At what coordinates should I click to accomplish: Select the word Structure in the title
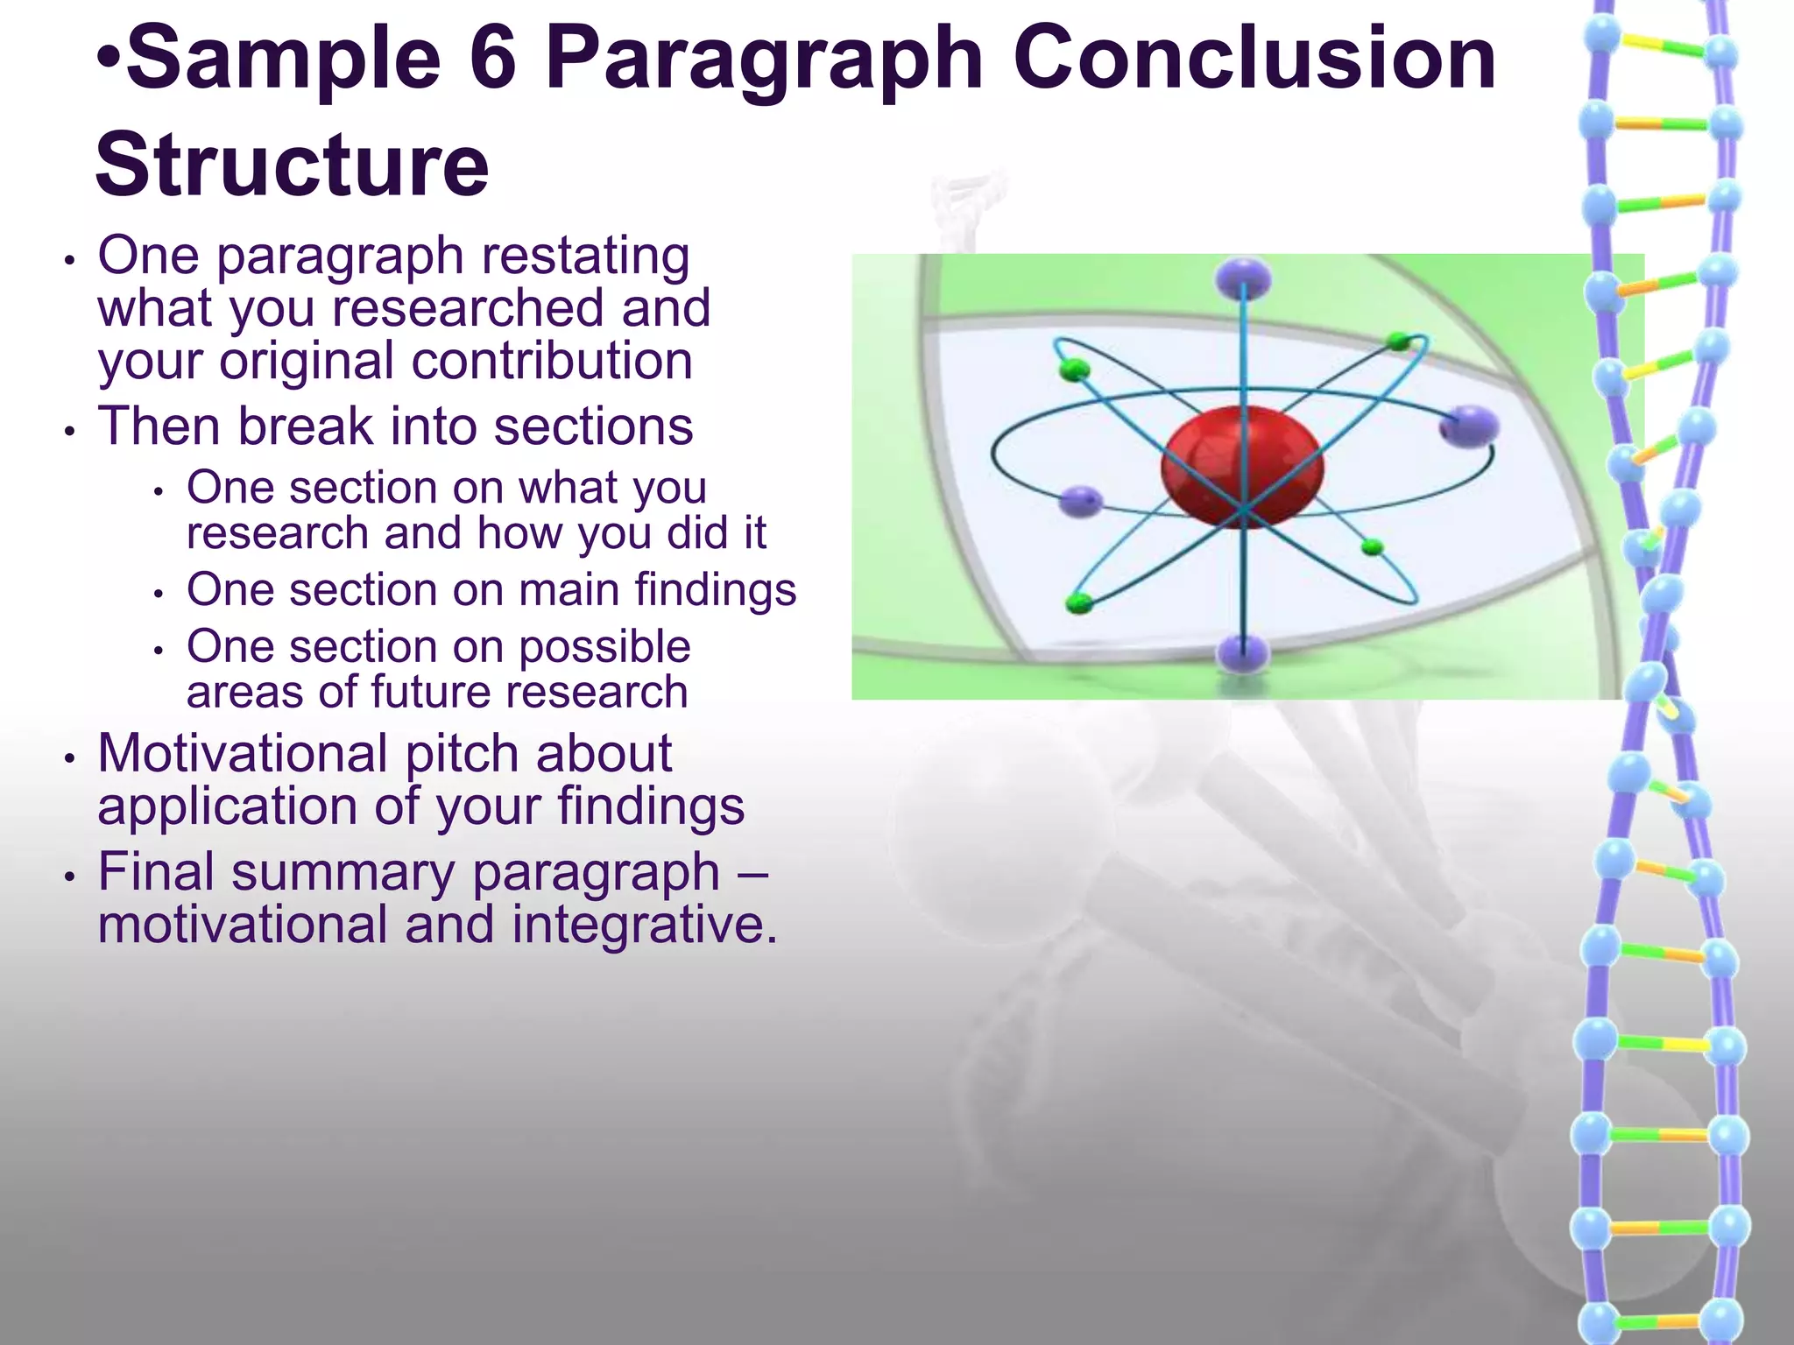[x=292, y=165]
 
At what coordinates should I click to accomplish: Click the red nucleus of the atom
[x=1241, y=466]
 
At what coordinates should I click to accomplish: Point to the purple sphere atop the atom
[x=1242, y=278]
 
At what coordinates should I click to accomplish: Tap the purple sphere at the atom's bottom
[x=1242, y=653]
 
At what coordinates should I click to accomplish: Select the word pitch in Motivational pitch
[x=462, y=755]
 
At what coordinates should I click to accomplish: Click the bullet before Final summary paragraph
[x=69, y=876]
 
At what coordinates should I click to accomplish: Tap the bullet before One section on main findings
[x=159, y=594]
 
